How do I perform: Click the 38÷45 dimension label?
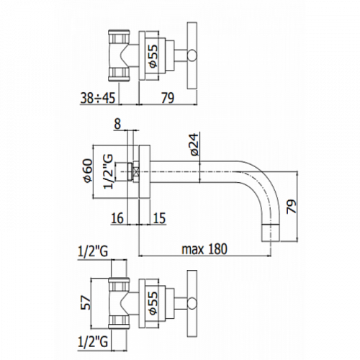pyautogui.click(x=98, y=98)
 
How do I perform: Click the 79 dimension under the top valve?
pyautogui.click(x=168, y=98)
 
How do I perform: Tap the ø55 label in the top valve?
pyautogui.click(x=153, y=55)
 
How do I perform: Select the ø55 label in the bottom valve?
pyautogui.click(x=153, y=302)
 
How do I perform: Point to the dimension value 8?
pyautogui.click(x=118, y=125)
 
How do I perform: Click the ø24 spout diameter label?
pyautogui.click(x=194, y=145)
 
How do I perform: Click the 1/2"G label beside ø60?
pyautogui.click(x=107, y=171)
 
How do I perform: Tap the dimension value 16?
pyautogui.click(x=117, y=218)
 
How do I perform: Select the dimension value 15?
pyautogui.click(x=159, y=218)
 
